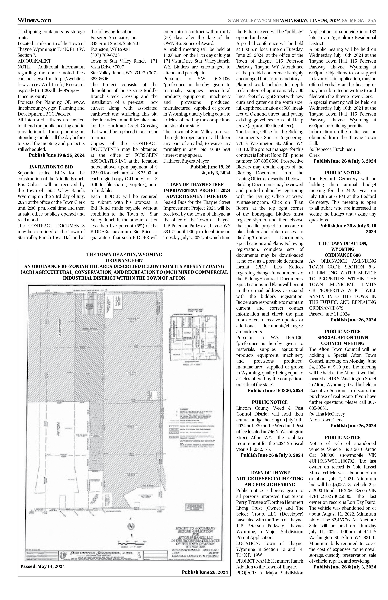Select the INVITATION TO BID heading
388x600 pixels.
(51, 167)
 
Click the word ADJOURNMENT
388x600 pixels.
(34, 61)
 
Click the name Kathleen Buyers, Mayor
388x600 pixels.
(186, 161)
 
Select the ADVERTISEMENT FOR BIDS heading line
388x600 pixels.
(197, 196)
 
